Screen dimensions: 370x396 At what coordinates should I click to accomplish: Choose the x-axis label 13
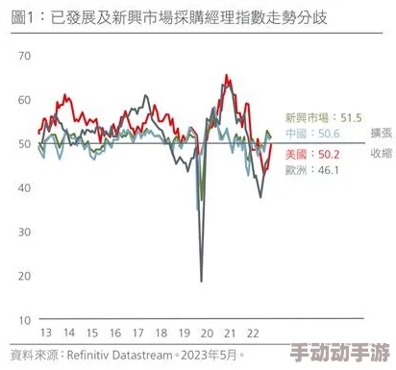[44, 333]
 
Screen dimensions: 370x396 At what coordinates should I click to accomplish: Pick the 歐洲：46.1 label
[309, 170]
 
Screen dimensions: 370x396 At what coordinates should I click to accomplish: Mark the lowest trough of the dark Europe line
[201, 281]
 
